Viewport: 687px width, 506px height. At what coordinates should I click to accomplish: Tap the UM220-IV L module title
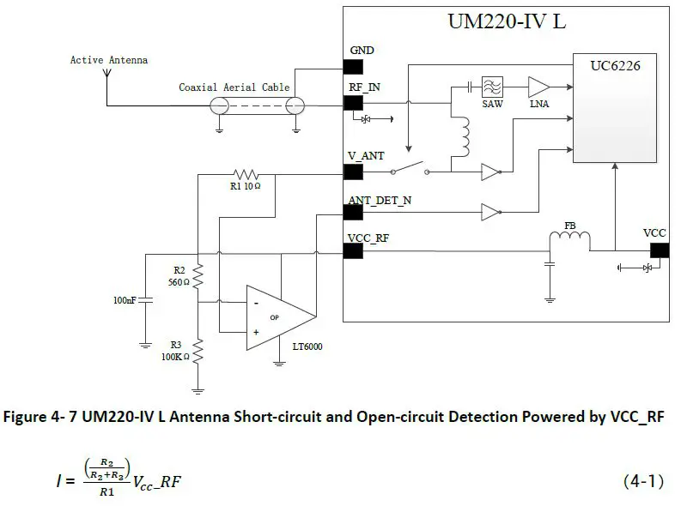pos(507,21)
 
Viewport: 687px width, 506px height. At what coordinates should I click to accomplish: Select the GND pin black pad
pos(352,66)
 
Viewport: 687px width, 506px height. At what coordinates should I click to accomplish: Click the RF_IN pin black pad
pos(352,103)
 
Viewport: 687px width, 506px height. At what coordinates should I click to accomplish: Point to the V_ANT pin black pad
pos(352,172)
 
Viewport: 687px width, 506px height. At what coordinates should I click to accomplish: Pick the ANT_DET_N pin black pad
pos(352,214)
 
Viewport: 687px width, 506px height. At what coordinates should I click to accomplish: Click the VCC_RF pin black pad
pos(352,250)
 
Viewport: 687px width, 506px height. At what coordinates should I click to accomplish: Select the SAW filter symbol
pos(492,87)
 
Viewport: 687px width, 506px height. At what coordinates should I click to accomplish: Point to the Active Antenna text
pos(109,60)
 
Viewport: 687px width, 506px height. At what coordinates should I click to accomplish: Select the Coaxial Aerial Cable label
pos(234,87)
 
